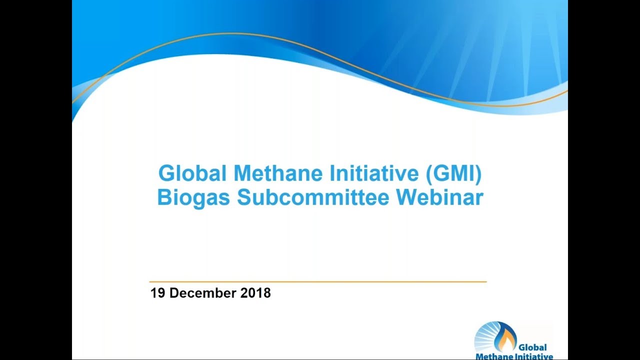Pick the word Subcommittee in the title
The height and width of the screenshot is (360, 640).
pos(313,197)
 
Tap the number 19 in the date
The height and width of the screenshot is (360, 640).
pos(158,293)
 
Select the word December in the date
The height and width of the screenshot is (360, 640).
pos(203,293)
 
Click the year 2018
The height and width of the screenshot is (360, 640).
pos(255,293)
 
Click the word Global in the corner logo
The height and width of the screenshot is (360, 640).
pos(532,347)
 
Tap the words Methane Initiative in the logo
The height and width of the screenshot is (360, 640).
pos(514,356)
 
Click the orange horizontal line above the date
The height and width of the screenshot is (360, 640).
pos(318,282)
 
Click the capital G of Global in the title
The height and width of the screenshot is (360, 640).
pos(166,173)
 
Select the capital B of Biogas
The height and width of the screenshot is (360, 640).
pos(164,197)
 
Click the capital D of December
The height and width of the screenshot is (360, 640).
pos(174,293)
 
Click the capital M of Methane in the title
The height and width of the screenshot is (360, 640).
pos(243,173)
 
